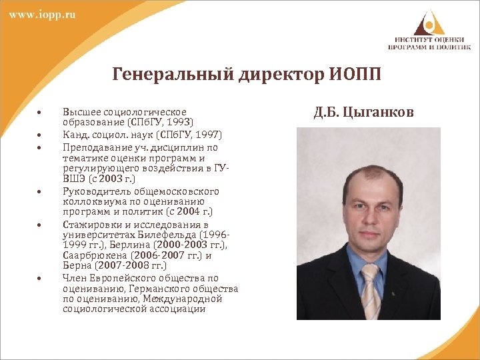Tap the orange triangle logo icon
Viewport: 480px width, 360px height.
429,21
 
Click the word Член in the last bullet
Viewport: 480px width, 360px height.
73,278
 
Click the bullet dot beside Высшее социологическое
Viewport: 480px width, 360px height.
41,112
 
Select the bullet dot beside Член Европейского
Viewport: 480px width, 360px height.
41,278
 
